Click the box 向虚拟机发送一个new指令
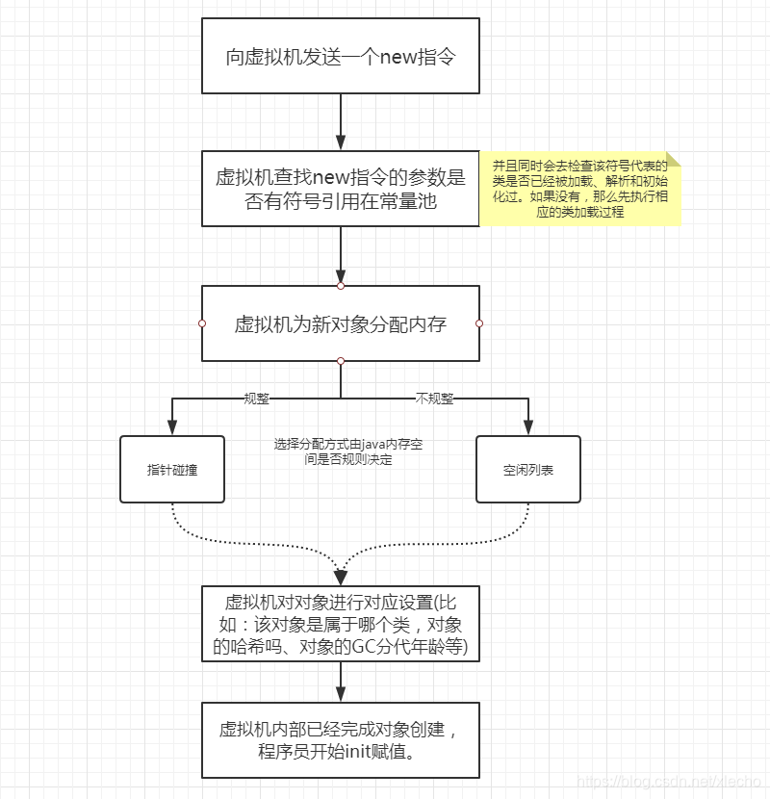coord(340,56)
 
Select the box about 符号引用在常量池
coord(340,188)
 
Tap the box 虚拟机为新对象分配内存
coord(340,323)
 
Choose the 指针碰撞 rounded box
coord(172,469)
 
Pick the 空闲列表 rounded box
coord(528,469)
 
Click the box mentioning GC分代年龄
coord(340,625)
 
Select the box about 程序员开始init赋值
coord(340,739)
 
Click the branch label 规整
coord(256,398)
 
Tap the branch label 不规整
coord(434,398)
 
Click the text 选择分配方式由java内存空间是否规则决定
coord(347,452)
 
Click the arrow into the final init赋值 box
coord(341,683)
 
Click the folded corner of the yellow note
coord(674,159)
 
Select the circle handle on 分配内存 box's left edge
coord(202,323)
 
